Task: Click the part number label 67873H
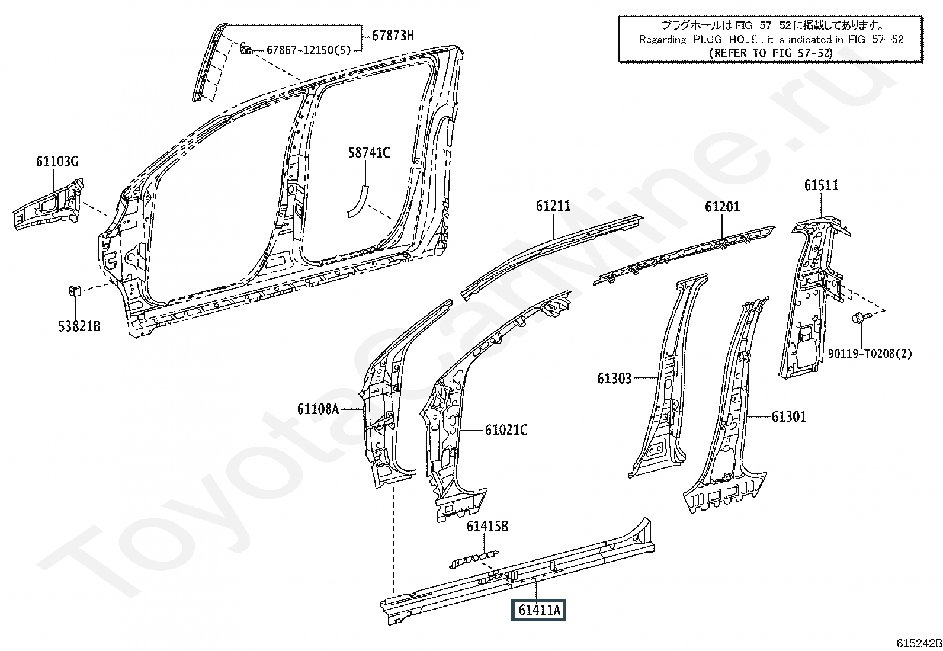[x=393, y=36]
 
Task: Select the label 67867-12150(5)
[x=309, y=50]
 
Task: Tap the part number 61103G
[x=57, y=161]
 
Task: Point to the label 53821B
[x=79, y=326]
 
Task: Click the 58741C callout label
[x=369, y=152]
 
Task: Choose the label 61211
[x=553, y=206]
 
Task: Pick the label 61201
[x=723, y=206]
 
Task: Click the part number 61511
[x=822, y=185]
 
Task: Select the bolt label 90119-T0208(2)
[x=870, y=354]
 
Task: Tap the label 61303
[x=615, y=379]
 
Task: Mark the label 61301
[x=789, y=417]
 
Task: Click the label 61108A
[x=318, y=409]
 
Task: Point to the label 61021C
[x=506, y=430]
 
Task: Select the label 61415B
[x=487, y=526]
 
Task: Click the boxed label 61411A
[x=539, y=610]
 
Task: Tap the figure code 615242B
[x=919, y=643]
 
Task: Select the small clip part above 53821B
[x=75, y=290]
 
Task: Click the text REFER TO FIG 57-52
[x=771, y=53]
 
